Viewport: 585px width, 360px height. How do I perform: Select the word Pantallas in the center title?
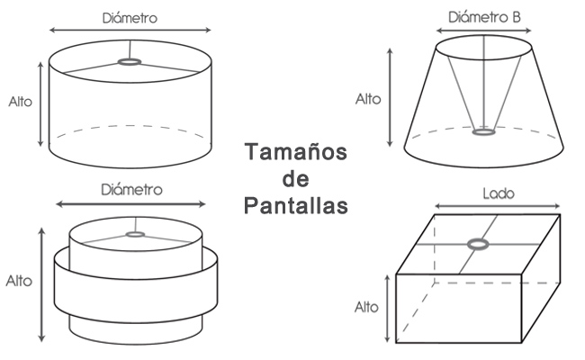294,206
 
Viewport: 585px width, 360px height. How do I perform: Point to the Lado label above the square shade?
497,193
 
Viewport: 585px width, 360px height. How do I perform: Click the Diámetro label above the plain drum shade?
131,17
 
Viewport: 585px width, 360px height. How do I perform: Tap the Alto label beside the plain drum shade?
19,102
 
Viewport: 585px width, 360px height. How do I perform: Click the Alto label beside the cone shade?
368,98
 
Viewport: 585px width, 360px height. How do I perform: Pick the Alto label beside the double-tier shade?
19,281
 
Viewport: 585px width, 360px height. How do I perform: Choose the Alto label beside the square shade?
366,307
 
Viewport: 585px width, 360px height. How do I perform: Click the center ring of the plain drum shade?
130,62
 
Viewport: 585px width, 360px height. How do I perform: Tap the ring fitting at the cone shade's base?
485,133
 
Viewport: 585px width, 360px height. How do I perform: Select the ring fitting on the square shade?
478,244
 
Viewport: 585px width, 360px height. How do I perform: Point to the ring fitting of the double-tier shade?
135,235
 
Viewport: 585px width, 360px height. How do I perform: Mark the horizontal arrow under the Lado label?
498,207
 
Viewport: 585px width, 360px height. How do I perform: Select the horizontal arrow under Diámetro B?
485,31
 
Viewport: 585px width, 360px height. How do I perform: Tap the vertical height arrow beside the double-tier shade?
41,283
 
